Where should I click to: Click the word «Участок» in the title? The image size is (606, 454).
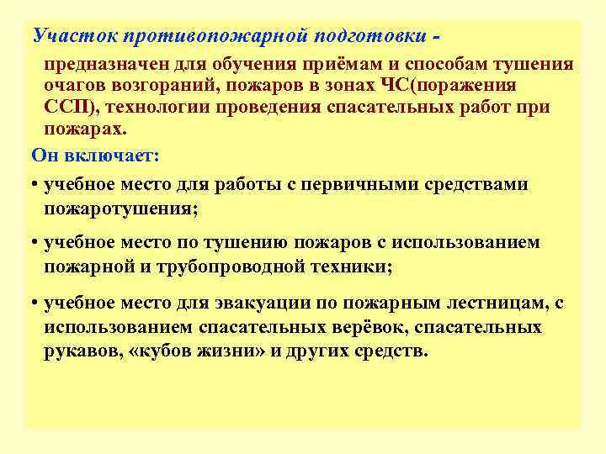click(x=73, y=36)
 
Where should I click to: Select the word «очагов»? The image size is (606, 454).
click(x=77, y=87)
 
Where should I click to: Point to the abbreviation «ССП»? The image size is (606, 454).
click(x=71, y=108)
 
